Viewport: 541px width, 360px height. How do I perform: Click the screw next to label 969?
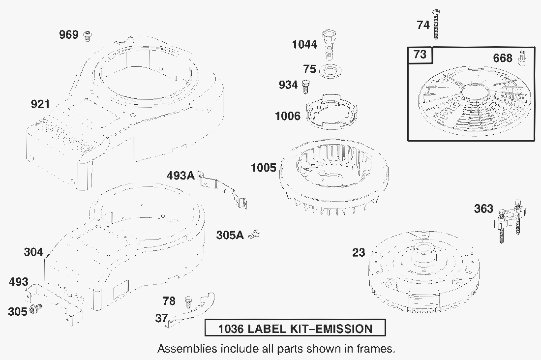[x=88, y=35]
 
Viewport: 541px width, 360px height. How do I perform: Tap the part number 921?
[x=40, y=104]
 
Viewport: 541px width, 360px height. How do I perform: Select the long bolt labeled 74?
[x=436, y=24]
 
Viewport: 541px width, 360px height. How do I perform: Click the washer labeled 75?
[x=331, y=71]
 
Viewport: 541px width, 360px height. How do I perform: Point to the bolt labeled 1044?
[x=329, y=45]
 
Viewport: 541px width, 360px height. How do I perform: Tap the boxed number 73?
[x=420, y=55]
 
